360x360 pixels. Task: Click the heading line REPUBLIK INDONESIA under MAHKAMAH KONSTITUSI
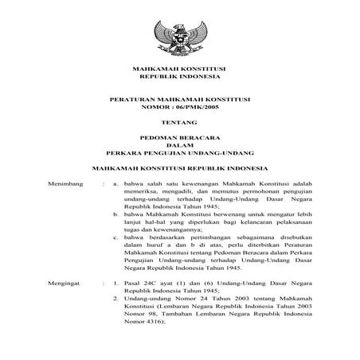[179, 80]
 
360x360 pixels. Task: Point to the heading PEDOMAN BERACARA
[179, 139]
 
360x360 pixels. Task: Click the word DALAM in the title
[179, 147]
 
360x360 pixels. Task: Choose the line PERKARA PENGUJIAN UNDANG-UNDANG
[179, 154]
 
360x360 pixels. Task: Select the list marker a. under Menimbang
[116, 183]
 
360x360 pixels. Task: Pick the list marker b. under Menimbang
[116, 215]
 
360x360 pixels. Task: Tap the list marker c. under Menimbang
[116, 237]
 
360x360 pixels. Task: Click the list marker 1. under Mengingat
[116, 283]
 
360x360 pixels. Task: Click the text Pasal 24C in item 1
[141, 283]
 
